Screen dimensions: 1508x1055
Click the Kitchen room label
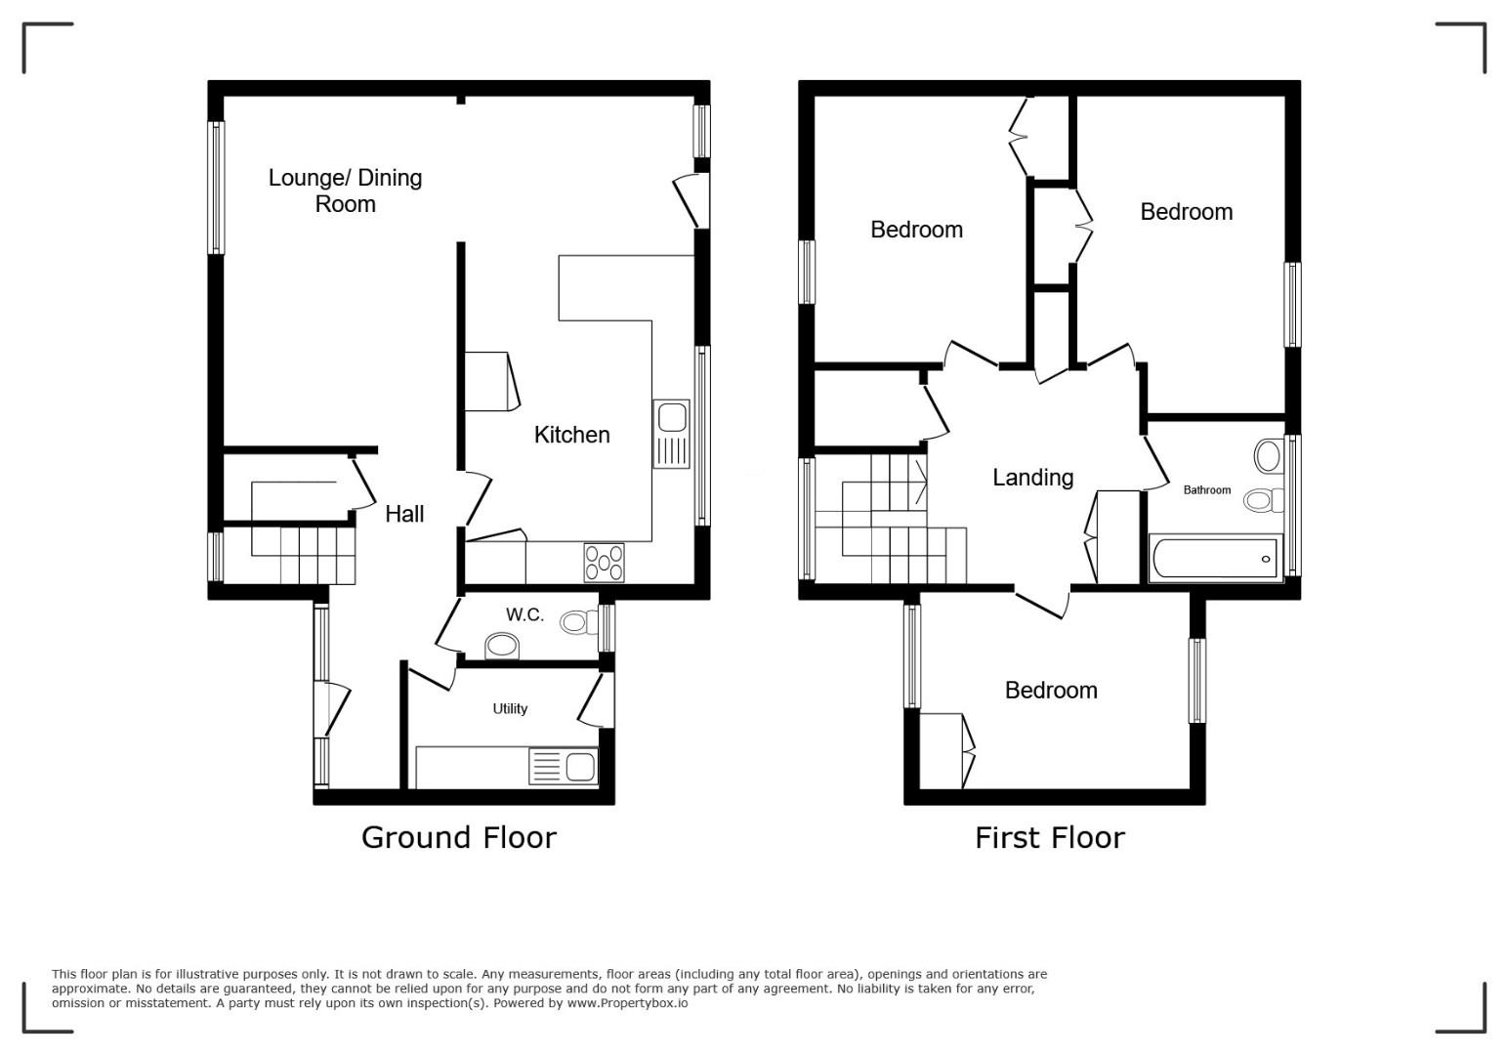[571, 435]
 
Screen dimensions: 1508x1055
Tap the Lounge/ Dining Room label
[346, 190]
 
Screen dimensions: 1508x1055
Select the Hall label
[404, 515]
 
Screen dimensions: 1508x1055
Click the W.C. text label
[524, 614]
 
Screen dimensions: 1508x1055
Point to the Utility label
[510, 709]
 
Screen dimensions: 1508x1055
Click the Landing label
[1032, 478]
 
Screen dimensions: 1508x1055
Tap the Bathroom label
[1207, 490]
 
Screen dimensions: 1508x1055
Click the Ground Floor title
[458, 838]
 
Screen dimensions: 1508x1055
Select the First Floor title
[1050, 838]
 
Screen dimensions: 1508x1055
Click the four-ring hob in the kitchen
[604, 563]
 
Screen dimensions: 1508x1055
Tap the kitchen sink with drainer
[671, 435]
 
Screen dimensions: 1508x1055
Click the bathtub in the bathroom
[1216, 558]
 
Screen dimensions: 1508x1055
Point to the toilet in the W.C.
[579, 622]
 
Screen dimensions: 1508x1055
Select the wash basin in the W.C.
[502, 647]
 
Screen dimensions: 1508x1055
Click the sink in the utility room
[564, 766]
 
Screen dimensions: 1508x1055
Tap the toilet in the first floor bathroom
[1264, 500]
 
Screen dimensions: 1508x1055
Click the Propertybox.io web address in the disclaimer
[627, 1003]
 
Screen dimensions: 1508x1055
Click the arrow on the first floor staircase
[921, 483]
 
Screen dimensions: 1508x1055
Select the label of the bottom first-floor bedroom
[1051, 691]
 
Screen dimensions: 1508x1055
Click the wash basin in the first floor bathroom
[1269, 456]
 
